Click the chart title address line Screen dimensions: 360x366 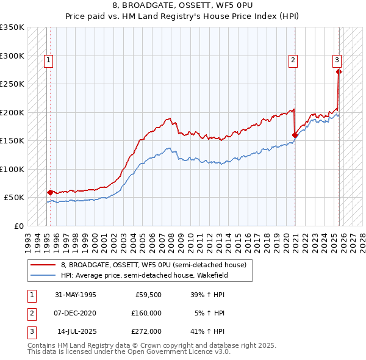pyautogui.click(x=182, y=5)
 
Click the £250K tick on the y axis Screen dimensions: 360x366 pyautogui.click(x=12, y=84)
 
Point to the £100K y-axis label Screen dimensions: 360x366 pyautogui.click(x=12, y=169)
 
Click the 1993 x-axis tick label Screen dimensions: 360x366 pyautogui.click(x=28, y=239)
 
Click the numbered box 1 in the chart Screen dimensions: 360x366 pyautogui.click(x=48, y=60)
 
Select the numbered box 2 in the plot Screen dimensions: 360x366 pyautogui.click(x=293, y=60)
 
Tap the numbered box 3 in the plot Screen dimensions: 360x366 pyautogui.click(x=336, y=60)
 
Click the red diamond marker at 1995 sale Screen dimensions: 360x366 pyautogui.click(x=50, y=192)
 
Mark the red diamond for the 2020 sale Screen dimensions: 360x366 pyautogui.click(x=295, y=135)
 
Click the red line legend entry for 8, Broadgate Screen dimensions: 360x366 pyautogui.click(x=152, y=265)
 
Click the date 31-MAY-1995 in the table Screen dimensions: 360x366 pyautogui.click(x=75, y=295)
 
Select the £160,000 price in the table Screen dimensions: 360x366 pyautogui.click(x=146, y=313)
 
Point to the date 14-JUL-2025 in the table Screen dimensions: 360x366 pyautogui.click(x=75, y=331)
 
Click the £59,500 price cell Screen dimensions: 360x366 pyautogui.click(x=148, y=295)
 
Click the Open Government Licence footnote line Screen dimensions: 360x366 pyautogui.click(x=129, y=352)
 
